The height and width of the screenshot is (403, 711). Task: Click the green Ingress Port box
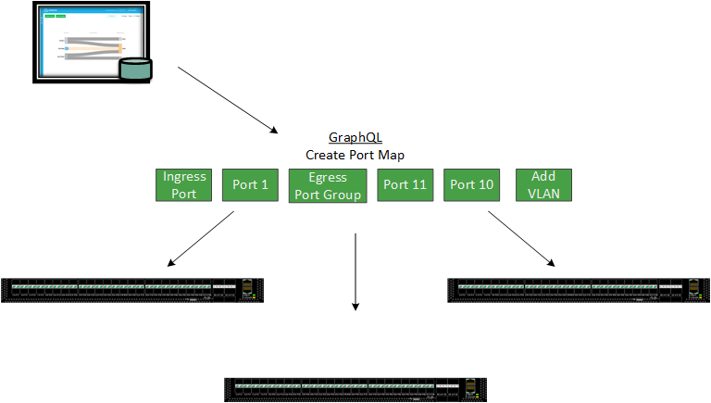coord(184,185)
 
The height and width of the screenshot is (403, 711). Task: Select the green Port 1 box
coord(250,185)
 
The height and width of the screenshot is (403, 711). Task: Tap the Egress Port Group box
coord(328,185)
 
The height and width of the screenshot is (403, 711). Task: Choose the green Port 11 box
coord(405,185)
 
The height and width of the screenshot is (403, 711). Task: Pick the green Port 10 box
coord(471,185)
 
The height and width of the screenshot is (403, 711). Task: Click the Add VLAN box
coord(543,185)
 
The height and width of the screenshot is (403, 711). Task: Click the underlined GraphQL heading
coord(355,137)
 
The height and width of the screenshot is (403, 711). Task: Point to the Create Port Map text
coord(355,155)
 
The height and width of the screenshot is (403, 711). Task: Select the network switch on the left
coord(132,290)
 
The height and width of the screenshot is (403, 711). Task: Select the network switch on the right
coord(579,290)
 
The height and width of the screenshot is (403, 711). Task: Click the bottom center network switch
coord(355,389)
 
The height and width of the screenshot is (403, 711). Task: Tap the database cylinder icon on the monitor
coord(135,70)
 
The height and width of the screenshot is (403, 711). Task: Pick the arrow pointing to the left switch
coord(200,239)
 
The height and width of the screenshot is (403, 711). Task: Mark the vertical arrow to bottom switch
coord(355,273)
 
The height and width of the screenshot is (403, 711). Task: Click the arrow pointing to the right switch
coord(521,239)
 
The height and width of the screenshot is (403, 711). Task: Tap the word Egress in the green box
coord(328,177)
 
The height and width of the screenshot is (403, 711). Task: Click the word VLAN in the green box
coord(543,194)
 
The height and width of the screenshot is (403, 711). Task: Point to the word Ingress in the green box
coord(184,177)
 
